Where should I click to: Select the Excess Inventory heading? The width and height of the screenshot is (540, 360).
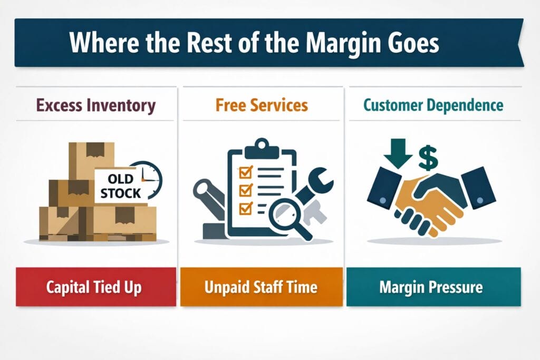(96, 105)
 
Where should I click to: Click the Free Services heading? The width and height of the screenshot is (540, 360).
(262, 105)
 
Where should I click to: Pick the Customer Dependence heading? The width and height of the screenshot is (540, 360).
(433, 105)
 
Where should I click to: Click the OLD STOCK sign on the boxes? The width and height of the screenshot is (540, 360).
(121, 186)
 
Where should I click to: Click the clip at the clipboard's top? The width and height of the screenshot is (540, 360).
(262, 148)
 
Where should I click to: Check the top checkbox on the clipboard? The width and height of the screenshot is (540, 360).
(246, 172)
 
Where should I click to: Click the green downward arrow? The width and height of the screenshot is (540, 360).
(398, 153)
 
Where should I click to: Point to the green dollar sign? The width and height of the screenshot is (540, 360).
(428, 158)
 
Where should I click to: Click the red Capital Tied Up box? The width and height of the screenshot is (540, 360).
(96, 287)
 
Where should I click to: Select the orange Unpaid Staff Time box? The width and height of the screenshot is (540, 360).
(262, 287)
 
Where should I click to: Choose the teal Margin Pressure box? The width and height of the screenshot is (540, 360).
(433, 287)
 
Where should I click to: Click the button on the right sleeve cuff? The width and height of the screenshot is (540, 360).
(480, 200)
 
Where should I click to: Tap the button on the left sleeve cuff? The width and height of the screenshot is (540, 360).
(382, 200)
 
